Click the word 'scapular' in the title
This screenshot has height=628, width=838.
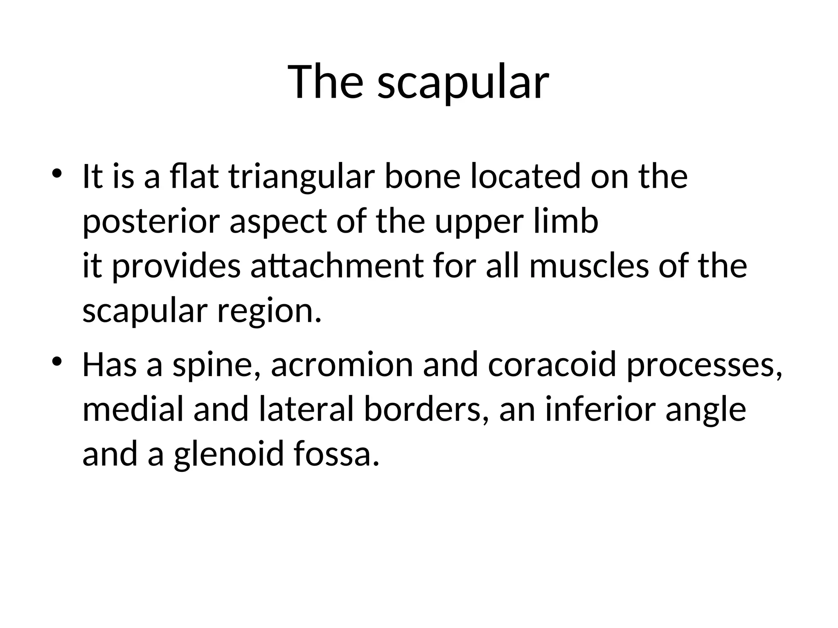click(x=463, y=83)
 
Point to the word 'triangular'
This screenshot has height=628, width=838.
click(x=302, y=177)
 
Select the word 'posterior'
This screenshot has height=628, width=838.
click(x=151, y=222)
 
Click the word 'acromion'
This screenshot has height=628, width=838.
click(x=342, y=365)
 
